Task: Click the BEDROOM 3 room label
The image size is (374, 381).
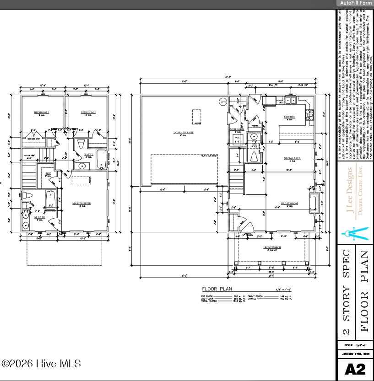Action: pyautogui.click(x=42, y=112)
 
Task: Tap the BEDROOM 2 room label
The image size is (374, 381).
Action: pyautogui.click(x=88, y=112)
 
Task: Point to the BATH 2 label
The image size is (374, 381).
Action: pyautogui.click(x=89, y=155)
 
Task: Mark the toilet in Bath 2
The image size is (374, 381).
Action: pyautogui.click(x=81, y=145)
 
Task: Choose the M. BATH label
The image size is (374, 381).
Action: pyautogui.click(x=40, y=217)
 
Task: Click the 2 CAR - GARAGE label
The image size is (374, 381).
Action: pyautogui.click(x=183, y=133)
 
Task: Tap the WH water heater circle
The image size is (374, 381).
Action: pyautogui.click(x=223, y=102)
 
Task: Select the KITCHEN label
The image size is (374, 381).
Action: pyautogui.click(x=289, y=117)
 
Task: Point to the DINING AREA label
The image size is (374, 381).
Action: pyautogui.click(x=292, y=158)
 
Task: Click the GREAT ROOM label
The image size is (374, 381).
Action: pyautogui.click(x=289, y=204)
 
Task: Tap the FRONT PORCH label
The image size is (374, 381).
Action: pyautogui.click(x=272, y=247)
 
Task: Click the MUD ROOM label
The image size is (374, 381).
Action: pyautogui.click(x=237, y=129)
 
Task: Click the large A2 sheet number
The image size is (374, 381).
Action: pyautogui.click(x=355, y=369)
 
